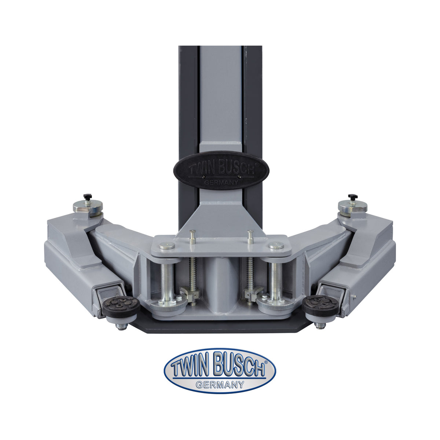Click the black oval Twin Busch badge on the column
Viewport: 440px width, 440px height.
(221, 170)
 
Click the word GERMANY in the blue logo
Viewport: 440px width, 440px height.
(220, 385)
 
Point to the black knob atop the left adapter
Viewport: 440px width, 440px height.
(87, 197)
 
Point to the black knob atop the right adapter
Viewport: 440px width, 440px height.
(352, 196)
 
